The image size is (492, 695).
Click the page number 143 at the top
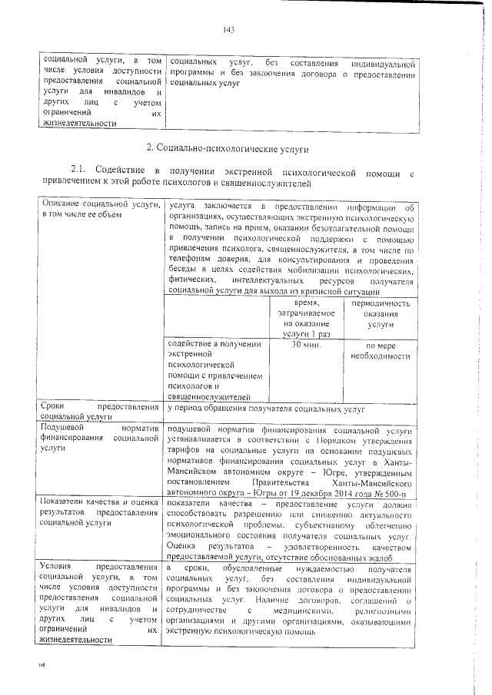[x=228, y=30]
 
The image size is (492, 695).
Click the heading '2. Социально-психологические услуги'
[x=227, y=145]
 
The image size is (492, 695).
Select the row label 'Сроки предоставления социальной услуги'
[x=101, y=411]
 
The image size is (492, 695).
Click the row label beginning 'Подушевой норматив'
[x=101, y=433]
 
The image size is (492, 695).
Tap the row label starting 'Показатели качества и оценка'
[x=101, y=511]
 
